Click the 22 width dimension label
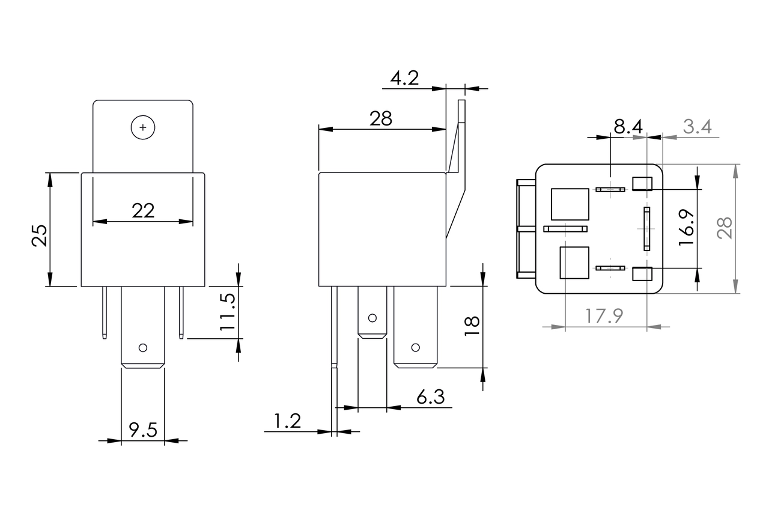coord(143,210)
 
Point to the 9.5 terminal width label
coord(143,430)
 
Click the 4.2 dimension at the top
coord(404,79)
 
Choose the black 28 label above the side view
coord(381,119)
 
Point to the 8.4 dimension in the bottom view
coord(628,127)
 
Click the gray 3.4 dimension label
coord(697,127)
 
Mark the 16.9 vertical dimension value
coord(686,227)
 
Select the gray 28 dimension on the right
coord(726,228)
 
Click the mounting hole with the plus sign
coord(143,127)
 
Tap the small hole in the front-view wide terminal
coord(143,347)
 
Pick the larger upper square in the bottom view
coord(570,204)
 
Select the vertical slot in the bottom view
coord(646,229)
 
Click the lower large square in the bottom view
coord(574,263)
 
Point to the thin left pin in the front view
coord(105,312)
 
